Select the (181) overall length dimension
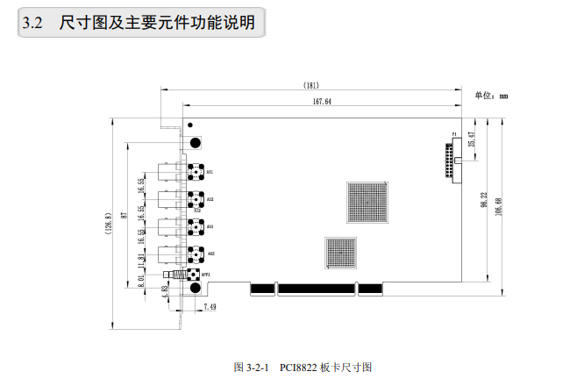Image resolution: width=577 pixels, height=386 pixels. pos(310,86)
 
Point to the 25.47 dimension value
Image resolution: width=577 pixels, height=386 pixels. pos(471,139)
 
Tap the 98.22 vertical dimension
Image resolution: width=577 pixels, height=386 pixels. pos(483,200)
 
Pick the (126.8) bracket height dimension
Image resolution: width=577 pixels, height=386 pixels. pos(107,224)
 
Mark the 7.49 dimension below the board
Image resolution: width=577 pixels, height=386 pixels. pos(210,306)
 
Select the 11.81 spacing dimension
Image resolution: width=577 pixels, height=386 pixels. pos(140,261)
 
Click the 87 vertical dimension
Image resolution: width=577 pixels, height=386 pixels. pos(125,215)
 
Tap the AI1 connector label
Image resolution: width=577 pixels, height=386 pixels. pos(210,171)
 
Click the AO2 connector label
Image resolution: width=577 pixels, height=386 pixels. pos(211,254)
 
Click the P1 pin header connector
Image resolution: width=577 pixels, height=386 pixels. pos(453,161)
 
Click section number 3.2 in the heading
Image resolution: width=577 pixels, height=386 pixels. pos(32,24)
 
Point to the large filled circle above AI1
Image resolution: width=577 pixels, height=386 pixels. pos(195,142)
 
